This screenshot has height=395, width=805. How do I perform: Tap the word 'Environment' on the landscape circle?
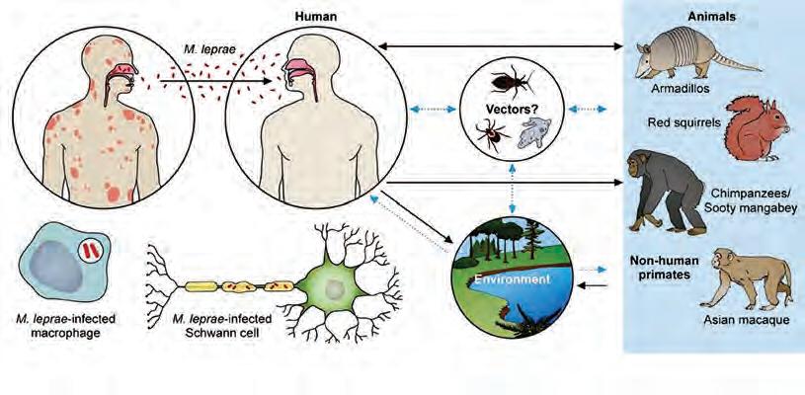tap(500, 279)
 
